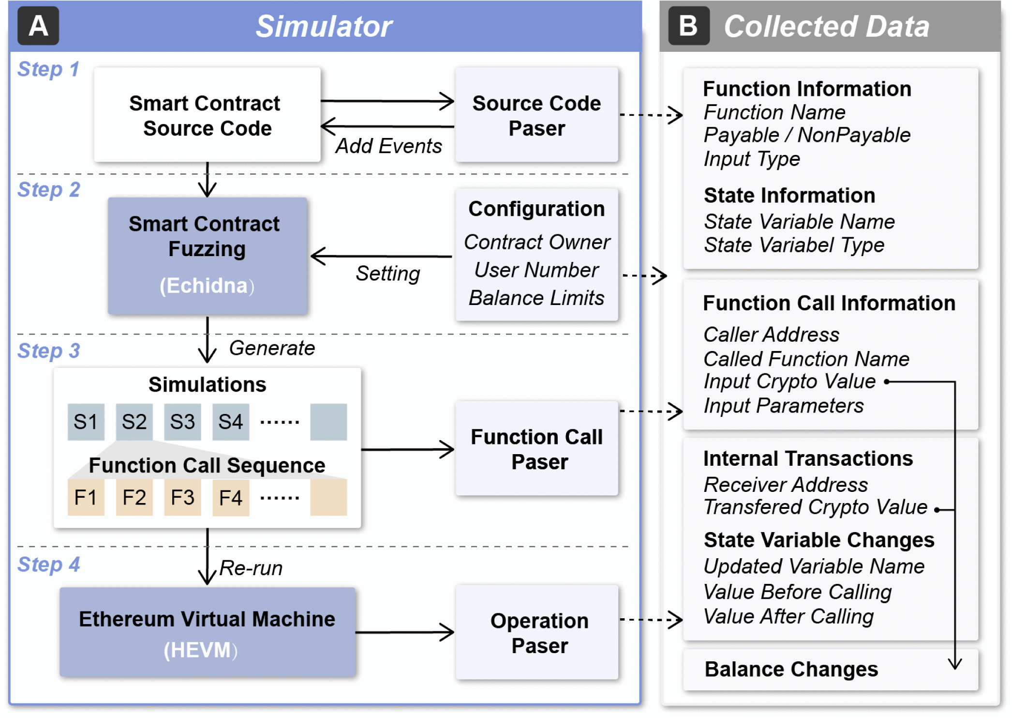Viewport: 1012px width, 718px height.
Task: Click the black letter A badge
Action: coord(38,26)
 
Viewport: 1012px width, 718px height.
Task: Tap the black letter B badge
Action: coord(688,26)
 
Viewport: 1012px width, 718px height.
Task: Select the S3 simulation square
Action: coord(182,422)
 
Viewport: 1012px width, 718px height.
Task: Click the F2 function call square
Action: coord(134,498)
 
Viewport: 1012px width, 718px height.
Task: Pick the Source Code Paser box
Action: coord(536,115)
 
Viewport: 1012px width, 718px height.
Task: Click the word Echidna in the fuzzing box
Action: coord(207,286)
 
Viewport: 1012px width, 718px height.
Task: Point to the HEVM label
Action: coord(200,650)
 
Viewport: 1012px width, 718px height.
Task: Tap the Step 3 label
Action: coord(48,351)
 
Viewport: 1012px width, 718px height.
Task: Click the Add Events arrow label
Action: coord(388,146)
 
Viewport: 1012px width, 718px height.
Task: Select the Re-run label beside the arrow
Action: coord(251,568)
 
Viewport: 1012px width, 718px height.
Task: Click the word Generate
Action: coord(272,348)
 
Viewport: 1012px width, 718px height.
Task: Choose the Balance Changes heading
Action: coord(791,669)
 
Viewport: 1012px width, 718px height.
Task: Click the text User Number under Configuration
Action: coord(536,270)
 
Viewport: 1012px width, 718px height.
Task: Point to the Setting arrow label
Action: coord(387,274)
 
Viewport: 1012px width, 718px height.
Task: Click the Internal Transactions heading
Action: coord(808,458)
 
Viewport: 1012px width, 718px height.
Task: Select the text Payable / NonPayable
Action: coord(806,135)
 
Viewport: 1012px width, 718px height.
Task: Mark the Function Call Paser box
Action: coord(536,449)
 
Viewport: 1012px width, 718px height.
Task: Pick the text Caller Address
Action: coord(771,335)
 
